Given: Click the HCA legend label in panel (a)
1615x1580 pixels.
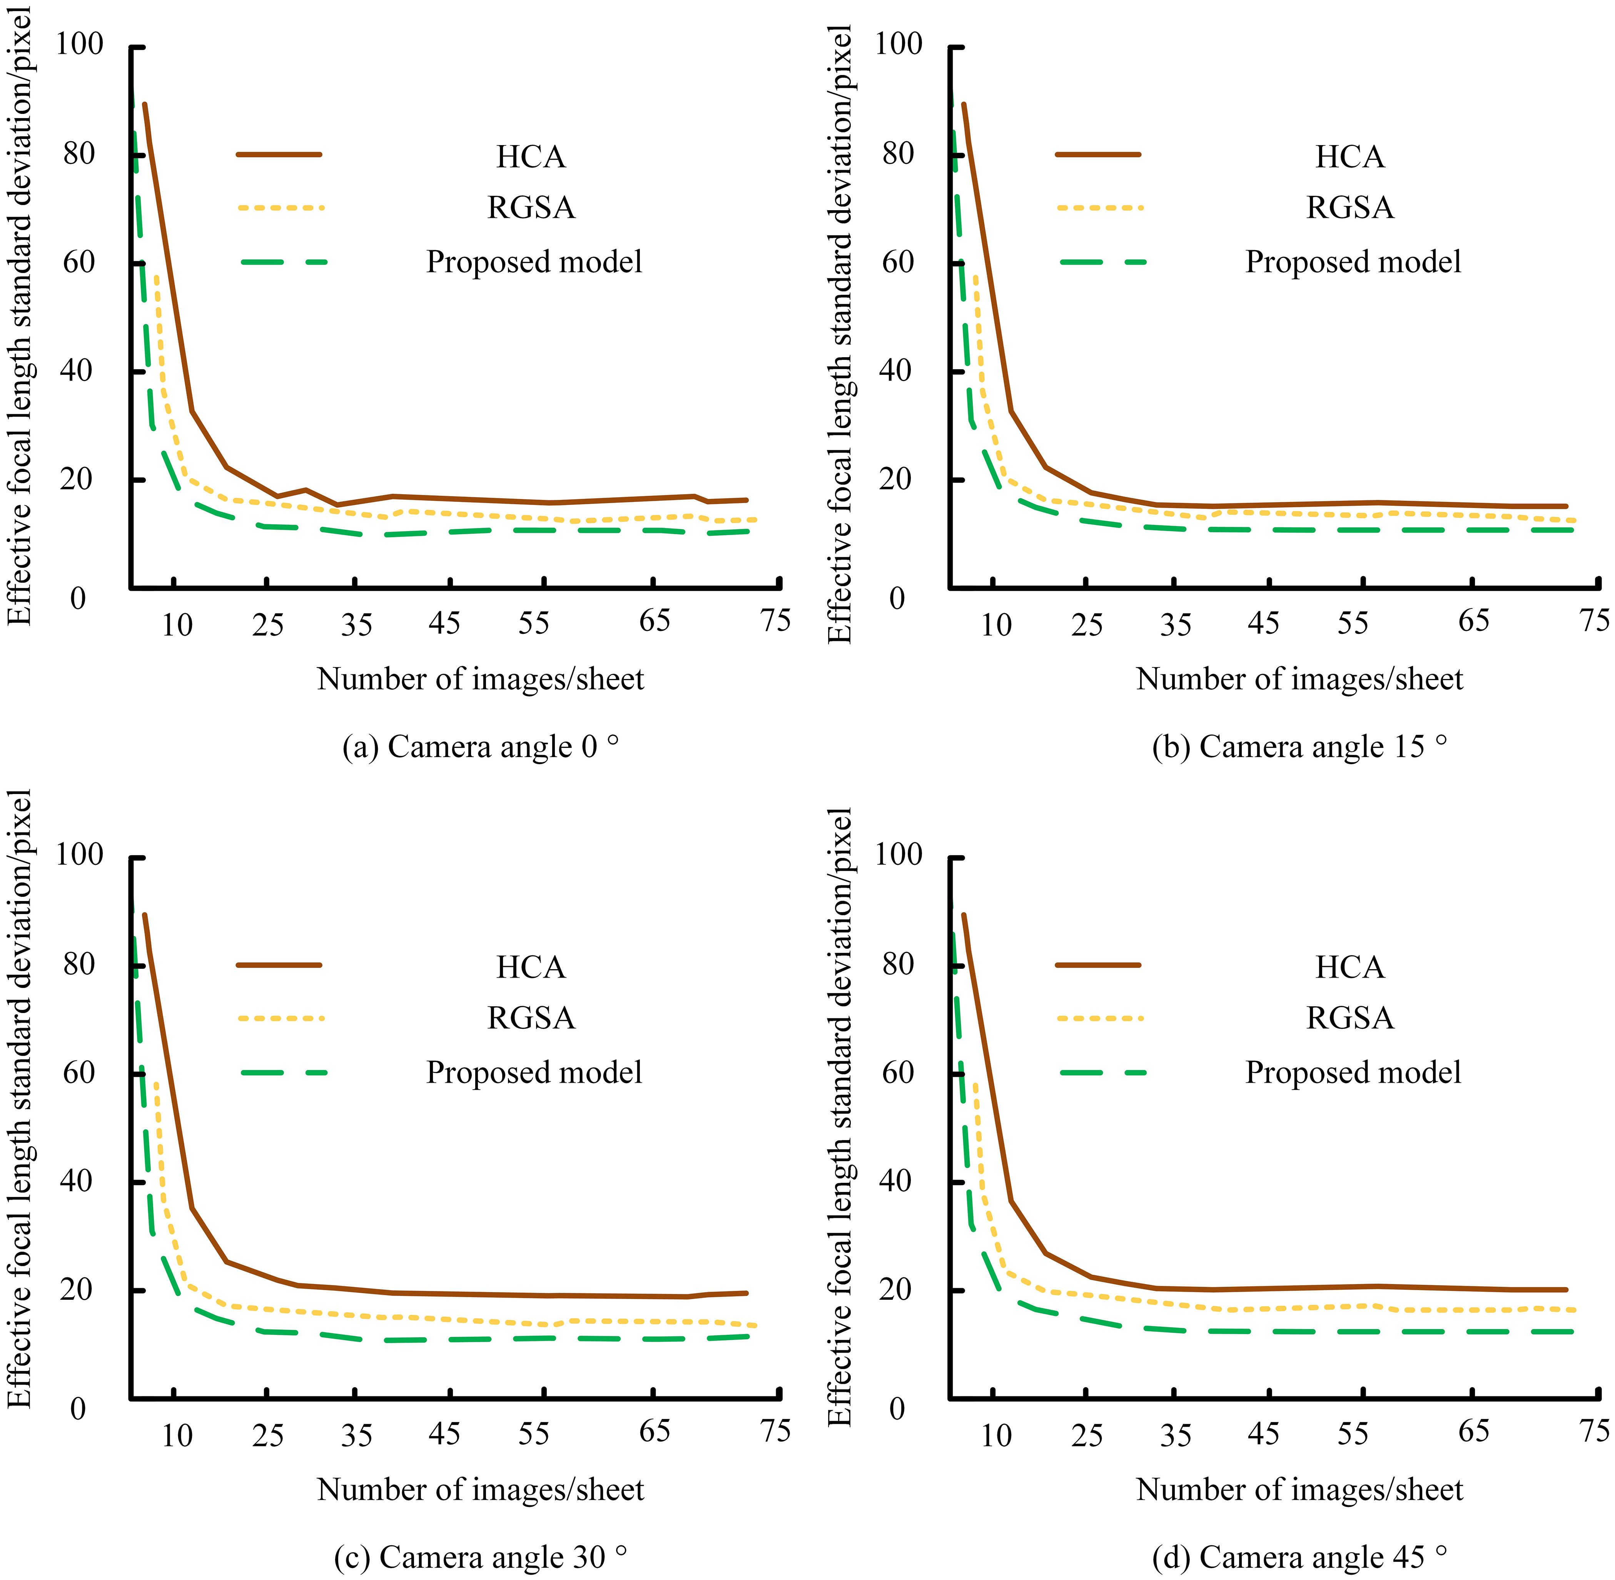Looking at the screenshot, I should point(531,157).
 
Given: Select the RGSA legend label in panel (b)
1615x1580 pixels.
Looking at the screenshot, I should point(1349,207).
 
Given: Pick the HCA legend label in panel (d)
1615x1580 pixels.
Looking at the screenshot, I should point(1349,968).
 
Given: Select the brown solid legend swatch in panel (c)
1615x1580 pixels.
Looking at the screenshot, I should point(279,965).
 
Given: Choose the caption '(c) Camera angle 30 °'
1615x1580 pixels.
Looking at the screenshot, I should point(480,1558).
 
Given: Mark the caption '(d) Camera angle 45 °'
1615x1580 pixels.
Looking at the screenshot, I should point(1299,1558).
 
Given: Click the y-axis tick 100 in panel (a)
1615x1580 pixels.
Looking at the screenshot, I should point(80,44).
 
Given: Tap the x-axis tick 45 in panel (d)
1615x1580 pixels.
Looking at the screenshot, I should point(1263,1433).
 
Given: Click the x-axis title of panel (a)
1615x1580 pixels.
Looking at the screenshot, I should point(480,680).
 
